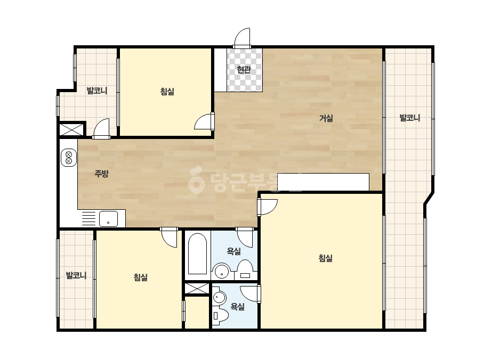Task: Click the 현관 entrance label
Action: [x=244, y=69]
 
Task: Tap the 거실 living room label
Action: [x=326, y=118]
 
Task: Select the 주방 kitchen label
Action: [x=102, y=174]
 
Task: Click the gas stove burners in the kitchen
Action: [x=69, y=158]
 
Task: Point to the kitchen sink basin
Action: [x=108, y=218]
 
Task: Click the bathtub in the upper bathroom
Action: [x=197, y=253]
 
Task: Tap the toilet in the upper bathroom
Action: [x=245, y=269]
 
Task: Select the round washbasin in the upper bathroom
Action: [x=222, y=271]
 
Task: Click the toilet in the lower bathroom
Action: [x=220, y=315]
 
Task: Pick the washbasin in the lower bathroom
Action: [x=219, y=297]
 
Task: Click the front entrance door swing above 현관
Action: [x=242, y=38]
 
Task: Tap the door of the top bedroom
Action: [x=204, y=121]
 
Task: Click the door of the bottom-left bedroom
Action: [x=170, y=237]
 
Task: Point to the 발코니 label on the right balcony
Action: [x=409, y=118]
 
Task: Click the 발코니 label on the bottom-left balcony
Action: [x=76, y=276]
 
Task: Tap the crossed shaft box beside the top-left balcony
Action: [x=72, y=129]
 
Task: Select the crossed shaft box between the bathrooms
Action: [x=197, y=289]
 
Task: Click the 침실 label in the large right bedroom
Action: [x=325, y=258]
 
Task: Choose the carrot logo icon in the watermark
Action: [x=196, y=179]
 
